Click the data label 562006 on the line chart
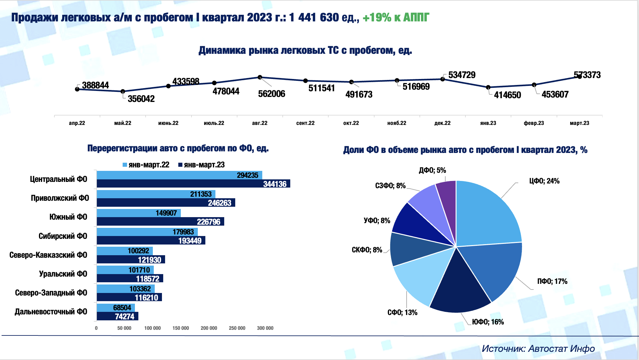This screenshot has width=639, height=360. coord(271,94)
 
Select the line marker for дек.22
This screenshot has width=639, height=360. coord(442,79)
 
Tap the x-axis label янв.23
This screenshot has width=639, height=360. coord(488,123)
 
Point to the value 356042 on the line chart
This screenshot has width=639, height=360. coord(141,99)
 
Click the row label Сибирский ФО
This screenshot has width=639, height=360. coord(63,236)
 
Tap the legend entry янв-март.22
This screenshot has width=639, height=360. coord(146,165)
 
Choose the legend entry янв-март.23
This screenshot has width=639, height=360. coord(202,165)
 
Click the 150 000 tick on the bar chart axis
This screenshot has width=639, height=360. coord(181,328)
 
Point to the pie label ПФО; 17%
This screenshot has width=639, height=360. coord(552,281)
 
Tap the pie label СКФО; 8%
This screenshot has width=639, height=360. coord(367,250)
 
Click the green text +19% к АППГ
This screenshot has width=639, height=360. coord(396,18)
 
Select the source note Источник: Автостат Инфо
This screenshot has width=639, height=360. coord(538,348)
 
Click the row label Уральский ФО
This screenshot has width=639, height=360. coord(63,274)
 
